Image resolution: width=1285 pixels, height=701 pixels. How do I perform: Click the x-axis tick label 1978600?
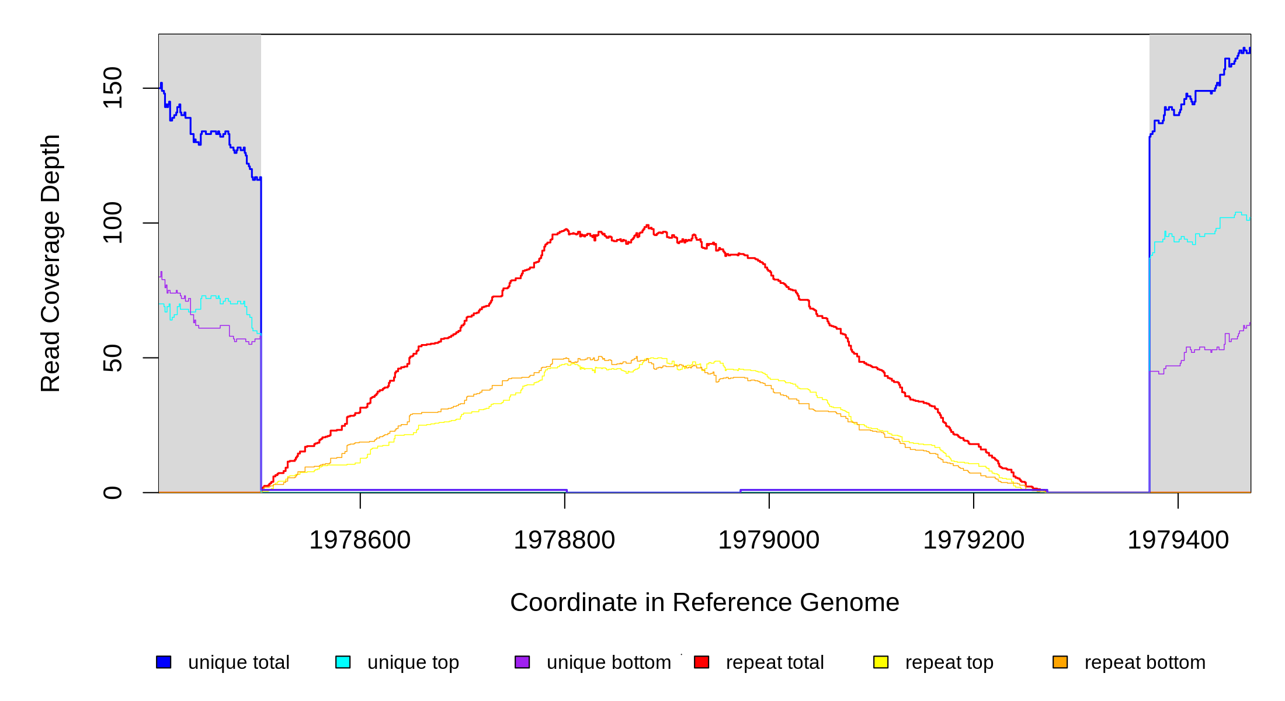(x=360, y=540)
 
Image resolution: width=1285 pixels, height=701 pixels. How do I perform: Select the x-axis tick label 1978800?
(x=564, y=540)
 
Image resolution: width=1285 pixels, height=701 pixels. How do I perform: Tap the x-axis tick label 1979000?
(x=769, y=540)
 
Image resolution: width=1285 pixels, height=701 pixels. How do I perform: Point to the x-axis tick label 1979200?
(x=974, y=540)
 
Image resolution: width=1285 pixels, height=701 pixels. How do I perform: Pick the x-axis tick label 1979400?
(x=1178, y=540)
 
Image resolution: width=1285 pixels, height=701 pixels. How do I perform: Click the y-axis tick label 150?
(x=113, y=88)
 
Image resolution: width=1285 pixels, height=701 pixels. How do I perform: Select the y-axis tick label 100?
(x=113, y=223)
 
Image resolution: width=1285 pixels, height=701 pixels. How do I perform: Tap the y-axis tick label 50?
(x=113, y=358)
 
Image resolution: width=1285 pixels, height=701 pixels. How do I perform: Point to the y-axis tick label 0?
(x=113, y=492)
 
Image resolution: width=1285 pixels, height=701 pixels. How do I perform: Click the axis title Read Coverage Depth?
(x=51, y=263)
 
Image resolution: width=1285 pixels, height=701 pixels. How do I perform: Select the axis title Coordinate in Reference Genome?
(x=704, y=602)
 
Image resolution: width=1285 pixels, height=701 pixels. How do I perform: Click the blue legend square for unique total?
(x=164, y=662)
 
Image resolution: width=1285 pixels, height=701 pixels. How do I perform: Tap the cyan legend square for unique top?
(x=343, y=662)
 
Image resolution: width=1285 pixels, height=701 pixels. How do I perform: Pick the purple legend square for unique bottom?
(x=522, y=662)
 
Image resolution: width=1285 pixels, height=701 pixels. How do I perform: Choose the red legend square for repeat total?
(x=701, y=662)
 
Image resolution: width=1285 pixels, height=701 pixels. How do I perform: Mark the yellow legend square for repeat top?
(x=881, y=662)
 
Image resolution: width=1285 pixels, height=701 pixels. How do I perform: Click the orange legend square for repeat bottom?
(x=1060, y=662)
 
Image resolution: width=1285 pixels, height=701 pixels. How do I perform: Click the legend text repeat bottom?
(x=1145, y=662)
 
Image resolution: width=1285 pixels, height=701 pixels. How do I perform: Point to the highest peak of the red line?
(x=647, y=225)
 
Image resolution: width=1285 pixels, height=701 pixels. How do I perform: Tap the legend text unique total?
(x=238, y=662)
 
